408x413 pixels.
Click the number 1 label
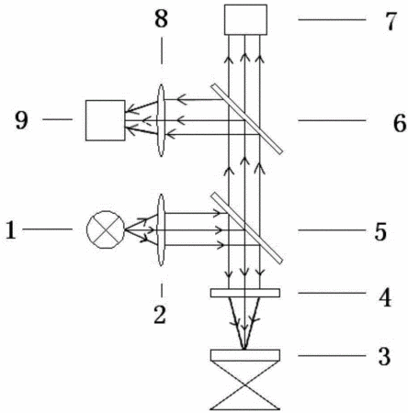coord(11,230)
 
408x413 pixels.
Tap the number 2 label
coord(160,314)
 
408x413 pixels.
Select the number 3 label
coord(384,357)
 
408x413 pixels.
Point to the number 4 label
coord(385,297)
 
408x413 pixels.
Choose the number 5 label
coord(380,231)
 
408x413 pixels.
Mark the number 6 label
coord(400,123)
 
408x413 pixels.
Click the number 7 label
coord(391,22)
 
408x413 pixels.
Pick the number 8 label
coord(161,18)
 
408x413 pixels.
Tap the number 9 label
coord(21,120)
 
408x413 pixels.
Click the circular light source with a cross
coord(106,229)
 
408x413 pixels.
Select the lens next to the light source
coord(161,230)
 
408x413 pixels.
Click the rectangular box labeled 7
coord(245,19)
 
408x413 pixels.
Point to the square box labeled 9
coord(106,120)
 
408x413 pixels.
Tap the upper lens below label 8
coord(162,120)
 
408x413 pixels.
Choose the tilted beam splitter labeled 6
coord(246,118)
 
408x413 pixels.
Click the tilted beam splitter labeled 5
coord(246,228)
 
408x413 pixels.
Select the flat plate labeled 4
coord(245,293)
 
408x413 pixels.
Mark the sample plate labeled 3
coord(245,355)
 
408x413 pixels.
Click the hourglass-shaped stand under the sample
coord(245,385)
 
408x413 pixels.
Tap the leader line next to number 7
coord(332,19)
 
